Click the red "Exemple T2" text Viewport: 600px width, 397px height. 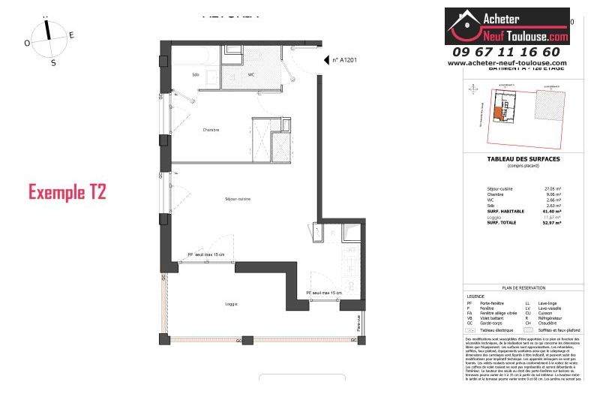(67, 191)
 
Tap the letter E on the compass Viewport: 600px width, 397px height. (71, 35)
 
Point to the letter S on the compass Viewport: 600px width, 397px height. (53, 63)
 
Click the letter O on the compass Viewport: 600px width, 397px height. (28, 44)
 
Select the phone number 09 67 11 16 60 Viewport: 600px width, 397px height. (506, 52)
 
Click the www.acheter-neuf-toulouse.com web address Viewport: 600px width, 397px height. (507, 63)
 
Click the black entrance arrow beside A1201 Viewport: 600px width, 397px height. (326, 60)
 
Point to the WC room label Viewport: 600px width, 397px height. (251, 75)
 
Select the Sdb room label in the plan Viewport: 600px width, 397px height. (196, 75)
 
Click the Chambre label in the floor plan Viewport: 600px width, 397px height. (211, 130)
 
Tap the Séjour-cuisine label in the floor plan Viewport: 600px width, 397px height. (237, 199)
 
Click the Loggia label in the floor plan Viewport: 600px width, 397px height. (232, 304)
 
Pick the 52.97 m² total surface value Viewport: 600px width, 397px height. (552, 223)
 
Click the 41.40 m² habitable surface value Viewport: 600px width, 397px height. (552, 211)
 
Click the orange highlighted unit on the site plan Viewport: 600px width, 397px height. (497, 113)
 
